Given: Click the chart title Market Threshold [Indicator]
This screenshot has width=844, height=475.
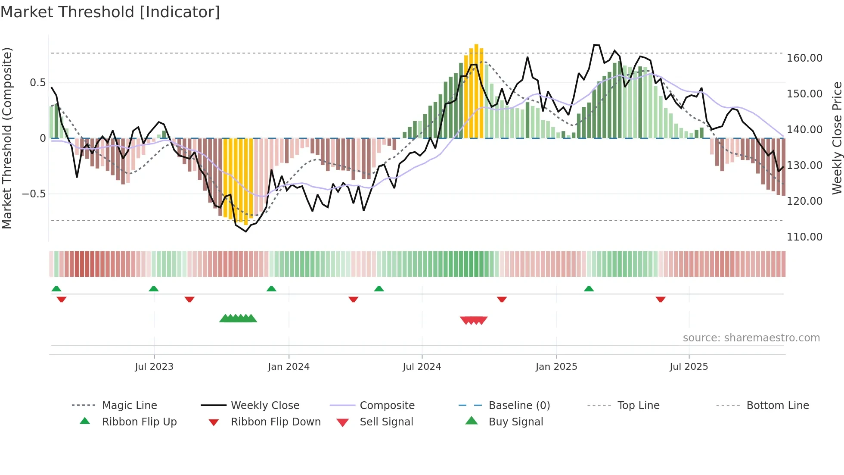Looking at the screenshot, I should point(110,12).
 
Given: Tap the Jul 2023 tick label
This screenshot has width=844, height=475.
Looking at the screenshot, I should point(154,367).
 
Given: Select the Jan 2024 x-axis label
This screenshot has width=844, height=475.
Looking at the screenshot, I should point(289,367).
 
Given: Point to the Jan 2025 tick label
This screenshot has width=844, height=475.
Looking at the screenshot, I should point(556,367).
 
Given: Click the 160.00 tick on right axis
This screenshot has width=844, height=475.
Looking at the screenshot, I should point(804,58).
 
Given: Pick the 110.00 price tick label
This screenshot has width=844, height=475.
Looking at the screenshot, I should point(804,237).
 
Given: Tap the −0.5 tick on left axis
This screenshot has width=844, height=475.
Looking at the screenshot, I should point(34,194).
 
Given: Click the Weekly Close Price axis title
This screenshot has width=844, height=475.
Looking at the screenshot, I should point(837,138).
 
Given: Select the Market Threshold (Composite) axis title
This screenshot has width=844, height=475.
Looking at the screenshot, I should point(7,138).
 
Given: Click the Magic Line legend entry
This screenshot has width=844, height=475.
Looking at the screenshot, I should point(129,406).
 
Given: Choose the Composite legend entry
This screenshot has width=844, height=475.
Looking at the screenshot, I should point(387,406).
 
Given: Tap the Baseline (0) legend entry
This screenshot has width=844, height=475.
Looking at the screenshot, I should point(519,406).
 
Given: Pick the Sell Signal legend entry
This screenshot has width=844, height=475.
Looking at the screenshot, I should point(386,422).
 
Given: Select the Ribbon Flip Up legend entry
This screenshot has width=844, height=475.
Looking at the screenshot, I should point(139,422).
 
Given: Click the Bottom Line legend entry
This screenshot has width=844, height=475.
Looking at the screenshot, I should point(777,406).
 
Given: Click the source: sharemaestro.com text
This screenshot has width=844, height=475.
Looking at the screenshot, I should point(751,338).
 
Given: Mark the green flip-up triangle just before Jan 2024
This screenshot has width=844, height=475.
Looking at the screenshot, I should point(271,289).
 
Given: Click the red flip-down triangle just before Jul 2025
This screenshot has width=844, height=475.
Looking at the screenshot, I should point(661,299).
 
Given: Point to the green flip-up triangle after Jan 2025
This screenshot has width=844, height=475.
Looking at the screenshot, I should point(589,289).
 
